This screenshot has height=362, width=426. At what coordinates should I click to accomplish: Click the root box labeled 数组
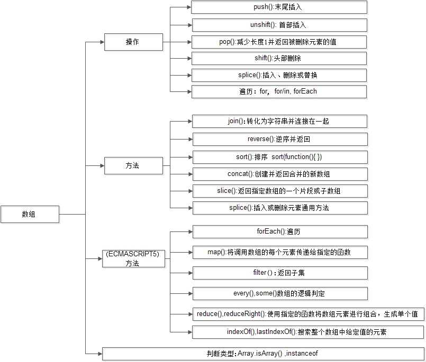29,214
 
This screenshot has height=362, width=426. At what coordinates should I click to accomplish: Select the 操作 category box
132,42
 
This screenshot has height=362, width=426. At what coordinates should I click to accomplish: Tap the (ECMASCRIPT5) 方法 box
132,258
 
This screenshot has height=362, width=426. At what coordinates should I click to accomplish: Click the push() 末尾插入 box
279,7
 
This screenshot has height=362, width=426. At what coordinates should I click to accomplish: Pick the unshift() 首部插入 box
279,25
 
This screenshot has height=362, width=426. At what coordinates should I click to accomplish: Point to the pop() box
279,42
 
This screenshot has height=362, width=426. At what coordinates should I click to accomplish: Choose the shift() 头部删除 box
279,58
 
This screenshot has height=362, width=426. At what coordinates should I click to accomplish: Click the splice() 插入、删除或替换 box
279,75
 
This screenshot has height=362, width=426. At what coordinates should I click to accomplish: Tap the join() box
279,121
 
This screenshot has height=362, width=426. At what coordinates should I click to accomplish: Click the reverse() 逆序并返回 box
279,139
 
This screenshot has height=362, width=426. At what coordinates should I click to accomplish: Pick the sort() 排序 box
279,157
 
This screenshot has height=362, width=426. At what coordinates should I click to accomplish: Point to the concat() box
279,173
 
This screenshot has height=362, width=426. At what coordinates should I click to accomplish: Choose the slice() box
279,190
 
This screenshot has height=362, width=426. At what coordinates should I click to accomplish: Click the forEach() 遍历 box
279,231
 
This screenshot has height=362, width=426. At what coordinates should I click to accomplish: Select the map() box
279,252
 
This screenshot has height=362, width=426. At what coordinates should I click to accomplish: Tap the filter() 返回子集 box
279,273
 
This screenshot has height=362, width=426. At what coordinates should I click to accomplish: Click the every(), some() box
279,293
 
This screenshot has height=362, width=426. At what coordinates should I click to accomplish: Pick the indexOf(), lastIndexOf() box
306,332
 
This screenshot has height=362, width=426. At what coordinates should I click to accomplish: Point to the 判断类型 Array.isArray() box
262,353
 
